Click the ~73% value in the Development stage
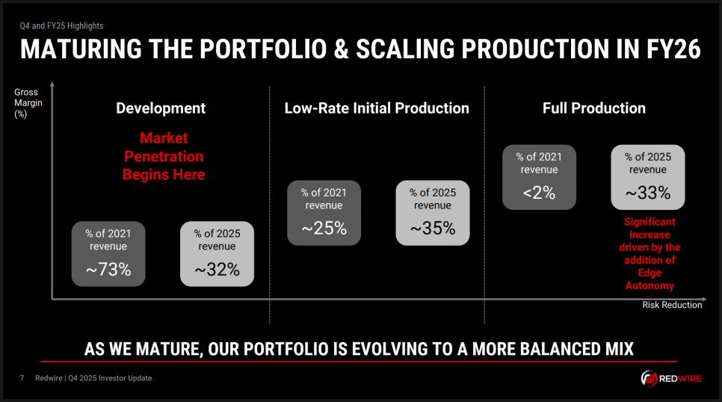108,270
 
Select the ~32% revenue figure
217,270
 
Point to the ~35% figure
433,228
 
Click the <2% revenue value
539,193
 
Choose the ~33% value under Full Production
648,193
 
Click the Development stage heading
161,108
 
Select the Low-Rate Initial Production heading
377,108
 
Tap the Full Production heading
594,108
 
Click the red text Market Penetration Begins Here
164,156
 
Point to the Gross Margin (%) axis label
28,103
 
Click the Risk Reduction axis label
672,305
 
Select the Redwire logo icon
649,379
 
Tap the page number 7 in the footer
22,378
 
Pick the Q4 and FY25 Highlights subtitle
61,26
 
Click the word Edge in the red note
650,273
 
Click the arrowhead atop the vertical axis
52,84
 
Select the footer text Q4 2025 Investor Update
110,378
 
